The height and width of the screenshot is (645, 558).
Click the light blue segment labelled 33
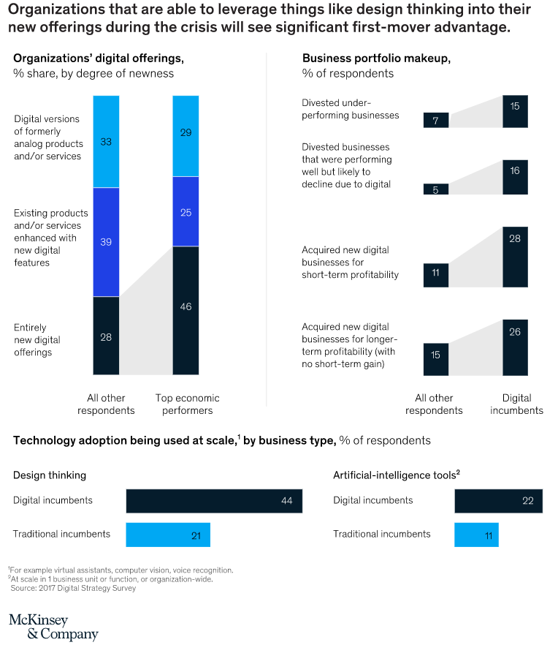[x=106, y=141]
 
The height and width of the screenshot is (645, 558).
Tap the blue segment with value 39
[x=106, y=242]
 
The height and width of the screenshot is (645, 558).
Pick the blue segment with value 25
[x=186, y=211]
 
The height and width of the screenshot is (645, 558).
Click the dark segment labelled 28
[x=106, y=336]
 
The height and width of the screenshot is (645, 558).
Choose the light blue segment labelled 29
[x=186, y=135]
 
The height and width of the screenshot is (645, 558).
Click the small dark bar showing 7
[x=436, y=120]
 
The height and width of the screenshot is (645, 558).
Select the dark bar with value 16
[x=515, y=177]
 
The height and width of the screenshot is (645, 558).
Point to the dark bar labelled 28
[x=515, y=257]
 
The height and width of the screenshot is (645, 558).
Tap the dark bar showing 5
[x=436, y=189]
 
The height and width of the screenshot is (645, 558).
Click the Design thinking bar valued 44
[x=214, y=501]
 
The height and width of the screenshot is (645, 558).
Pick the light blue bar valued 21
[x=168, y=535]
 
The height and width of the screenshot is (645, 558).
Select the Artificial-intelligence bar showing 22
[x=498, y=501]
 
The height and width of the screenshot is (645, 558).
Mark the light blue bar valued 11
[x=476, y=535]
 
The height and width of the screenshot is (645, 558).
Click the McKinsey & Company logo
[x=53, y=627]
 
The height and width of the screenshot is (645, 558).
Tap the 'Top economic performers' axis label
[x=187, y=404]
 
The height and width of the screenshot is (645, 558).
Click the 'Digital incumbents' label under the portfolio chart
[x=516, y=404]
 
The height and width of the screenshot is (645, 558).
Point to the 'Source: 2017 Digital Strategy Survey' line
[x=73, y=588]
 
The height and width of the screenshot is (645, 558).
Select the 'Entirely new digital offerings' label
[x=37, y=340]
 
